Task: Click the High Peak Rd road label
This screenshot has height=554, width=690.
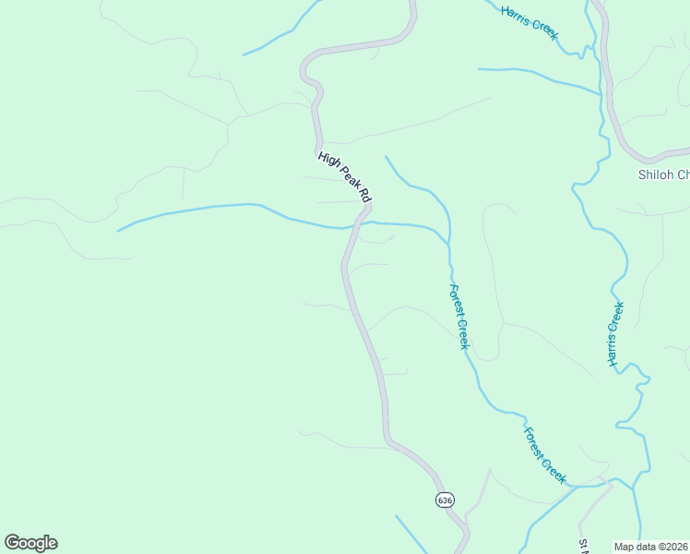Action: click(x=344, y=176)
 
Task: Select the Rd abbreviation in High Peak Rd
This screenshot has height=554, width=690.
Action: click(x=364, y=196)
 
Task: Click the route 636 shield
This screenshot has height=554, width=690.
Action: click(x=446, y=500)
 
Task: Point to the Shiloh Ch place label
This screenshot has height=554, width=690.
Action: click(x=663, y=175)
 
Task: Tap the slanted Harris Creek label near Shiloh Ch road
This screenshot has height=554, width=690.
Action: click(x=530, y=22)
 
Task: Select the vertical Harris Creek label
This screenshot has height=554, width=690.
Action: click(x=616, y=333)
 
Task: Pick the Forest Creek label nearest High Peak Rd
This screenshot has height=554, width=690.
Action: click(x=459, y=316)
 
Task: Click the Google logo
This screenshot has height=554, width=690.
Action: click(x=30, y=543)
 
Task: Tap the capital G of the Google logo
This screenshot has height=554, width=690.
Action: click(x=12, y=542)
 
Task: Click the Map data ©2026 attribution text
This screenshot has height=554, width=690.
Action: click(x=651, y=547)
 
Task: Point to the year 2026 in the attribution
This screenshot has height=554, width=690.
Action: click(x=676, y=547)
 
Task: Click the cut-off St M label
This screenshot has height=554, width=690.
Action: click(x=584, y=546)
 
